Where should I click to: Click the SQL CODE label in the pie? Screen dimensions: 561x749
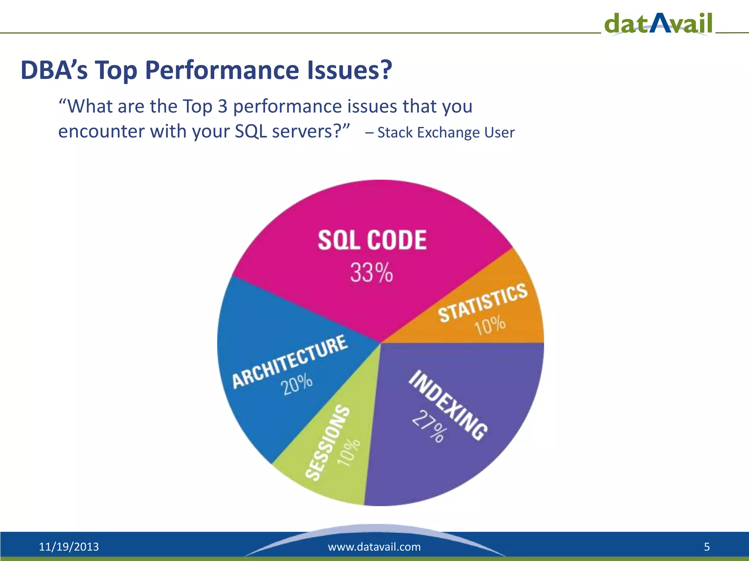(x=372, y=240)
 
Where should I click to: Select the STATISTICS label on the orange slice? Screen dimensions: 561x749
(x=483, y=303)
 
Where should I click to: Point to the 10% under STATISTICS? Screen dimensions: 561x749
(x=490, y=326)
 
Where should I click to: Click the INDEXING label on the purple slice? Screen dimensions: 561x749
(x=448, y=405)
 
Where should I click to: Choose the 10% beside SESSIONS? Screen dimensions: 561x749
(x=349, y=453)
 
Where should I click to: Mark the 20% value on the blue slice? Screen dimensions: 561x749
(x=297, y=384)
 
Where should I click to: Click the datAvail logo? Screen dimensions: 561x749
(x=658, y=23)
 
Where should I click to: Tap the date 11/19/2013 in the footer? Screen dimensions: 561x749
(x=69, y=547)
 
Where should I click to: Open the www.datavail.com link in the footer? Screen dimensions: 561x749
(x=374, y=547)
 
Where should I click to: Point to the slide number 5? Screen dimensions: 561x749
(x=707, y=547)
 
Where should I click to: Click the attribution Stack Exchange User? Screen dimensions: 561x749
(x=446, y=133)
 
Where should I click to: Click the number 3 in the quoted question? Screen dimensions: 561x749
(x=222, y=106)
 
